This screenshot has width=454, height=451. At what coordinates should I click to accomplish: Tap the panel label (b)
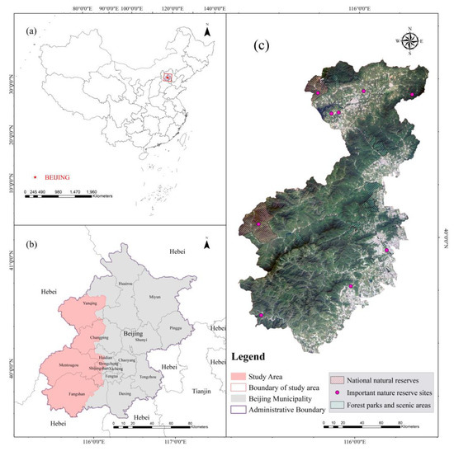point(31,247)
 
